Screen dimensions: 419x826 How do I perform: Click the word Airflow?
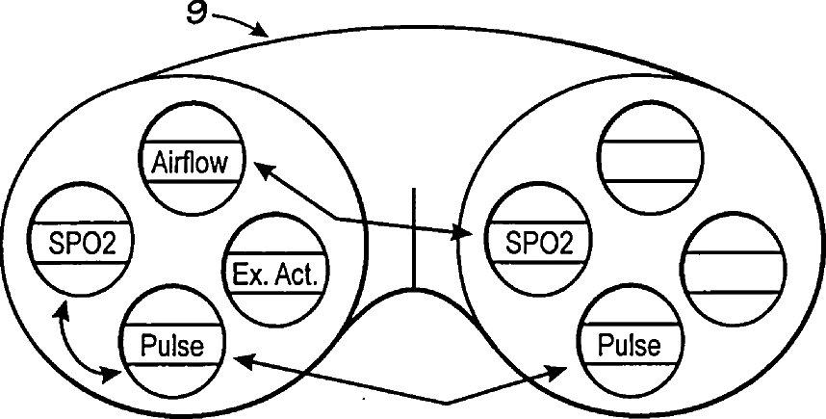coord(191,162)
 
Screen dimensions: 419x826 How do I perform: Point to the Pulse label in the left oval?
coord(172,344)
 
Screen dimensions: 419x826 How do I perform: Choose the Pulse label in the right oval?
coord(632,344)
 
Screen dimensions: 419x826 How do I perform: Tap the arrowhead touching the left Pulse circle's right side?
coord(243,361)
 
